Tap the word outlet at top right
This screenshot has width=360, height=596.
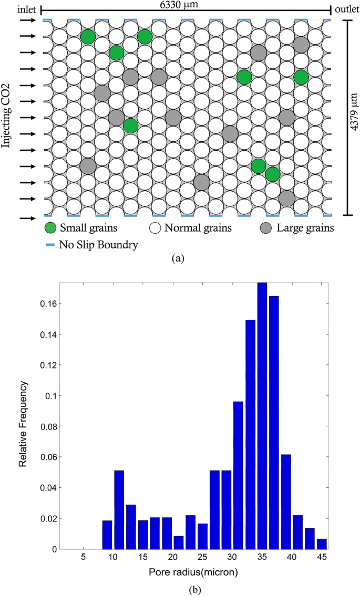tap(346, 9)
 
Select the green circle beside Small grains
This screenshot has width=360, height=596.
tap(50, 228)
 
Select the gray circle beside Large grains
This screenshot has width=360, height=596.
tap(268, 228)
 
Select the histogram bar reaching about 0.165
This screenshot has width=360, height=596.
tap(274, 422)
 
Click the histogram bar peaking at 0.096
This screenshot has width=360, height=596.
tap(238, 475)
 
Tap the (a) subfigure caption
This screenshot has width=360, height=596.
tap(180, 258)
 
